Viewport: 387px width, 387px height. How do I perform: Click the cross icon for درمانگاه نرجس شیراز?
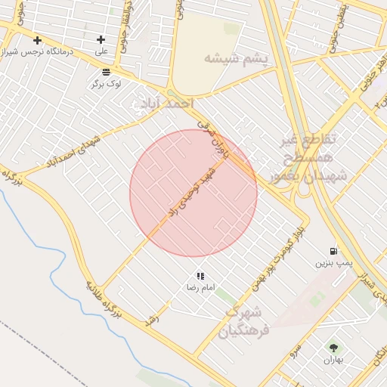click(x=37, y=39)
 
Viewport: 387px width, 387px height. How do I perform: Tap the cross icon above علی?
click(x=101, y=39)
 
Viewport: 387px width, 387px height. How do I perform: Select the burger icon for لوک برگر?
click(x=105, y=72)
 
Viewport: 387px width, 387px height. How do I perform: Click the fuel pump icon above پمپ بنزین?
click(x=333, y=251)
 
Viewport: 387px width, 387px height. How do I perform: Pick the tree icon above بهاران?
click(x=333, y=348)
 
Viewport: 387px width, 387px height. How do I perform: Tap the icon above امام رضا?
click(x=200, y=276)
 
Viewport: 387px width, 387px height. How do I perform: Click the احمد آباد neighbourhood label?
click(x=165, y=103)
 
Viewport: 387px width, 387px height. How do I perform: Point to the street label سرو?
click(x=295, y=351)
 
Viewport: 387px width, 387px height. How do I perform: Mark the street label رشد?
click(x=153, y=319)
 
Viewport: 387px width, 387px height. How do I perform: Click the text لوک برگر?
click(x=107, y=84)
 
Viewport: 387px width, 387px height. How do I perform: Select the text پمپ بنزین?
click(x=333, y=264)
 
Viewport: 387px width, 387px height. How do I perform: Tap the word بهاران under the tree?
click(x=333, y=361)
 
